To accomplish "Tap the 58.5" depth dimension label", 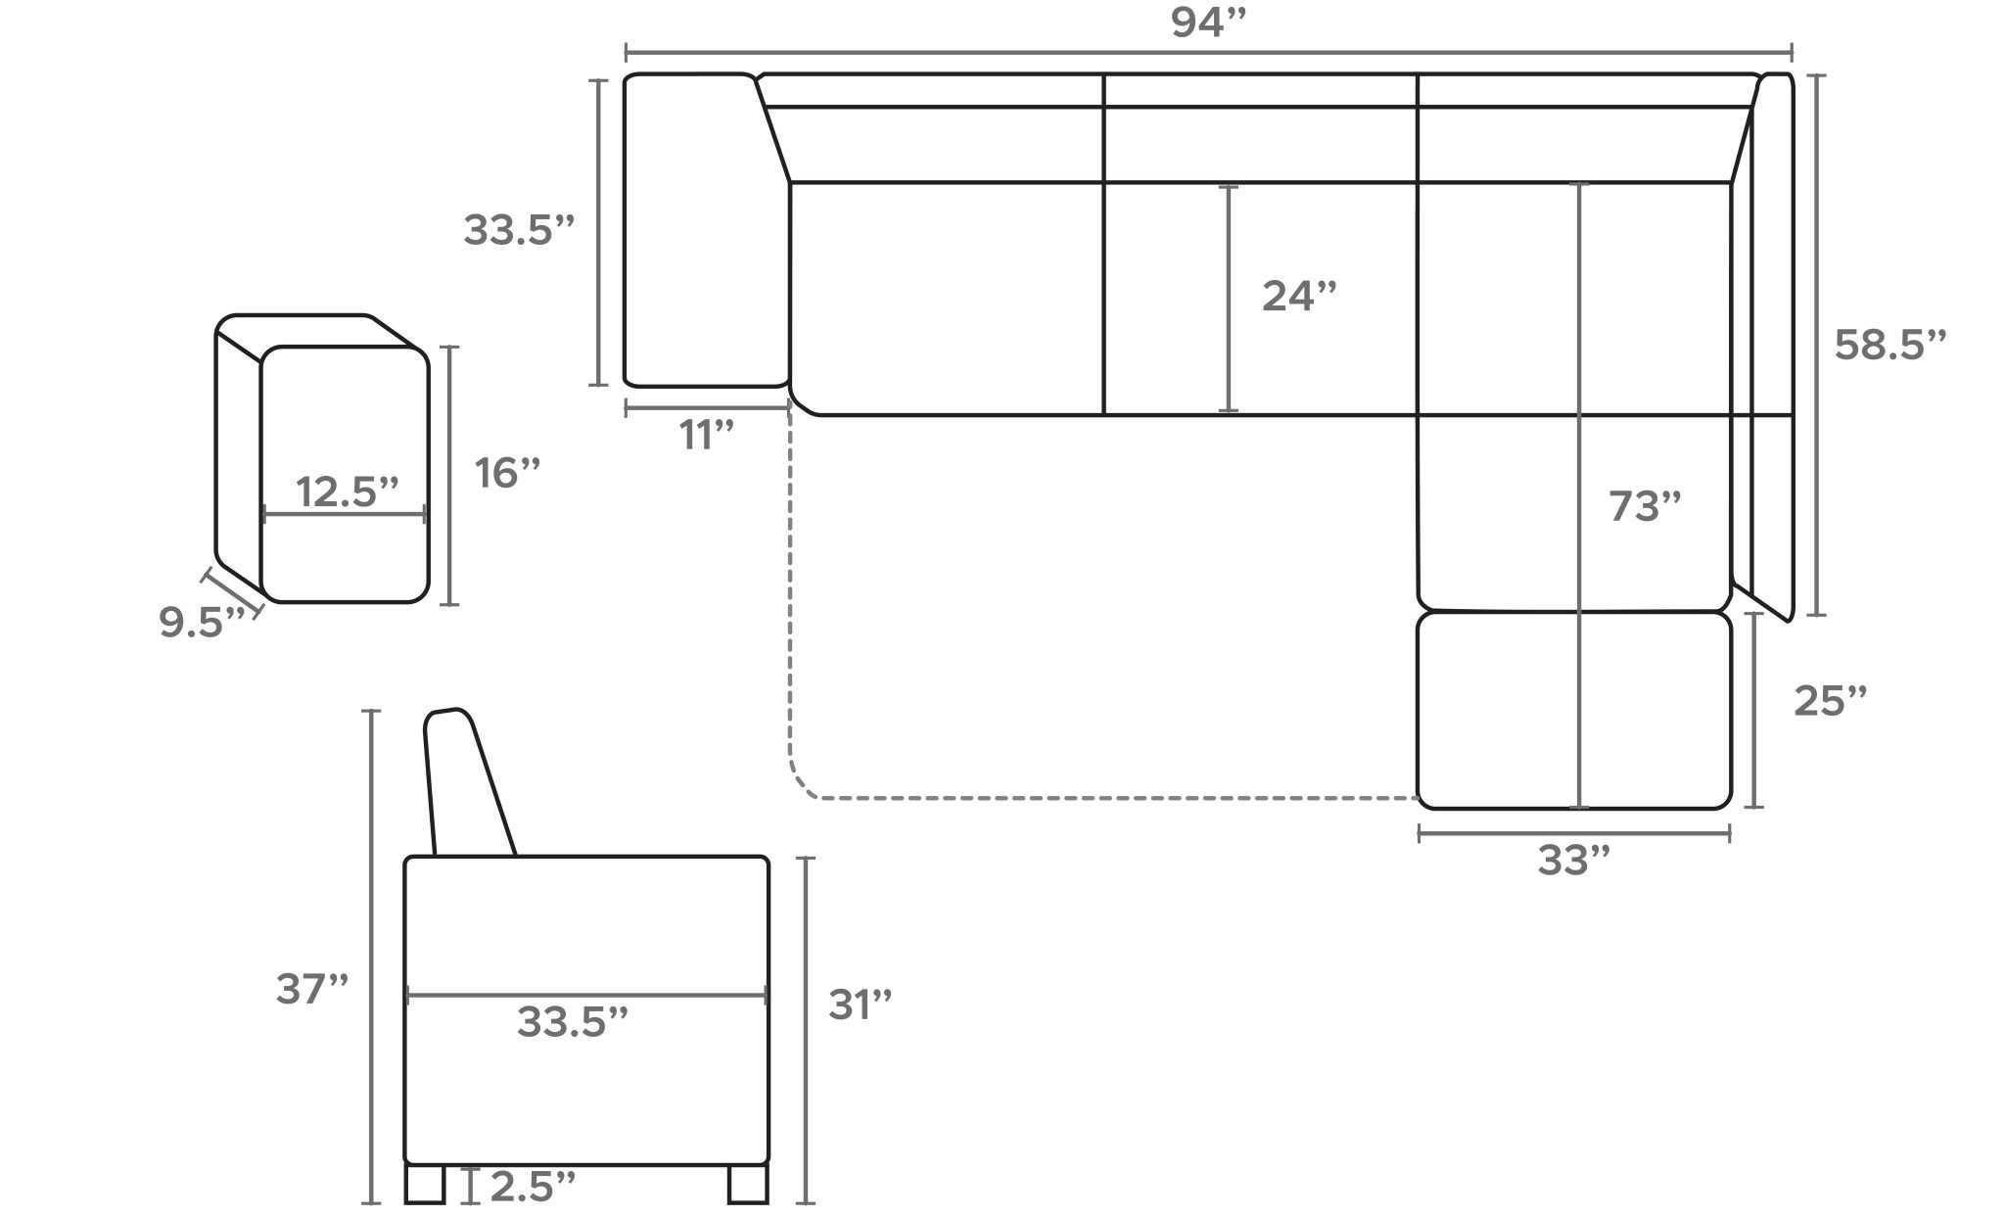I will [x=1889, y=346].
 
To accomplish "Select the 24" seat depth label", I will [x=1299, y=296].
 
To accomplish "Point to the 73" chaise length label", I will [x=1645, y=507].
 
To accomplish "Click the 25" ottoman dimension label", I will [x=1830, y=701].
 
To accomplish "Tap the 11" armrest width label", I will [x=707, y=436].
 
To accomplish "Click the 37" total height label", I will [x=312, y=990].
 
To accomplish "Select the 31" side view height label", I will [x=861, y=1005].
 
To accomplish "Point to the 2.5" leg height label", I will [x=532, y=1187].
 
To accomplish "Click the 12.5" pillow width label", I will [x=348, y=492].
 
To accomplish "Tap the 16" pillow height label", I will [x=507, y=474].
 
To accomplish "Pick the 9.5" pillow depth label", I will [x=201, y=624].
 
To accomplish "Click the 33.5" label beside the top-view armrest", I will [x=518, y=231].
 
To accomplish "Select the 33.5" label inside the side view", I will [x=572, y=1023].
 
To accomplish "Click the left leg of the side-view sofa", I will [x=424, y=1185].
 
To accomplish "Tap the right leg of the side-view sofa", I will [x=748, y=1185].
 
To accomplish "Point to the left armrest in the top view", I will [x=705, y=230].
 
